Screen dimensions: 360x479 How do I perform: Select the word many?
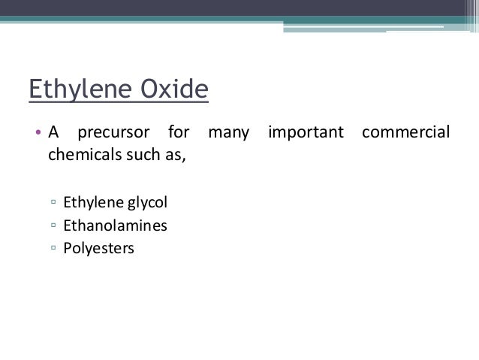[228, 135]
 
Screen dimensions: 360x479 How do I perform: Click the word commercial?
[405, 135]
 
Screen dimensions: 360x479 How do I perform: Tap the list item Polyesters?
[98, 247]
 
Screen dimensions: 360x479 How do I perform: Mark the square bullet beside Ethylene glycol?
[53, 203]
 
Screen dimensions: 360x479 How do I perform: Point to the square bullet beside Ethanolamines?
[53, 225]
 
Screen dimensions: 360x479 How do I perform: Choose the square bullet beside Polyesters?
[53, 248]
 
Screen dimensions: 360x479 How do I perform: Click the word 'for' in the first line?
[179, 135]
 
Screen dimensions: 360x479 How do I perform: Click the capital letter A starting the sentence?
[53, 135]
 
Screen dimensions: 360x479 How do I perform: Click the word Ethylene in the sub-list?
[91, 202]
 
